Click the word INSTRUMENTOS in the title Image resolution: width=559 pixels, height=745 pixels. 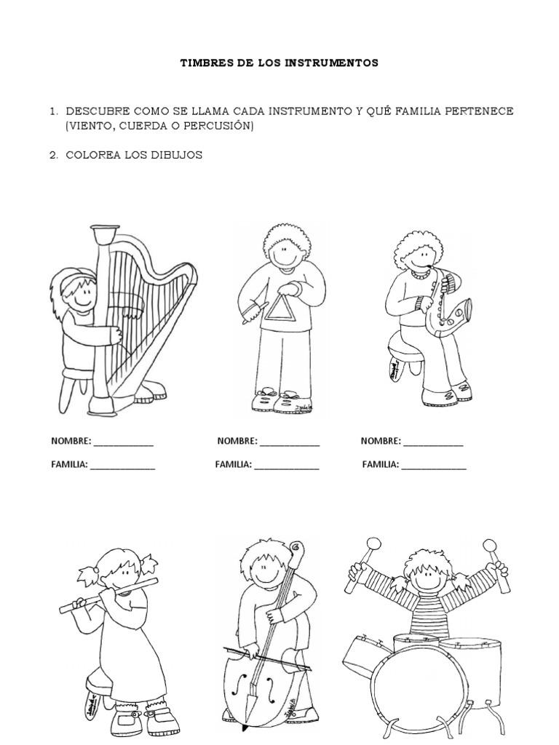[x=337, y=63]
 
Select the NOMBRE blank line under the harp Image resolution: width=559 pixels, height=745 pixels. [x=123, y=442]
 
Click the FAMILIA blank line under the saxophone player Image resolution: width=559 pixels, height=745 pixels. [x=434, y=466]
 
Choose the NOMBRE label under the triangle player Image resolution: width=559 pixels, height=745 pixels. [x=237, y=441]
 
